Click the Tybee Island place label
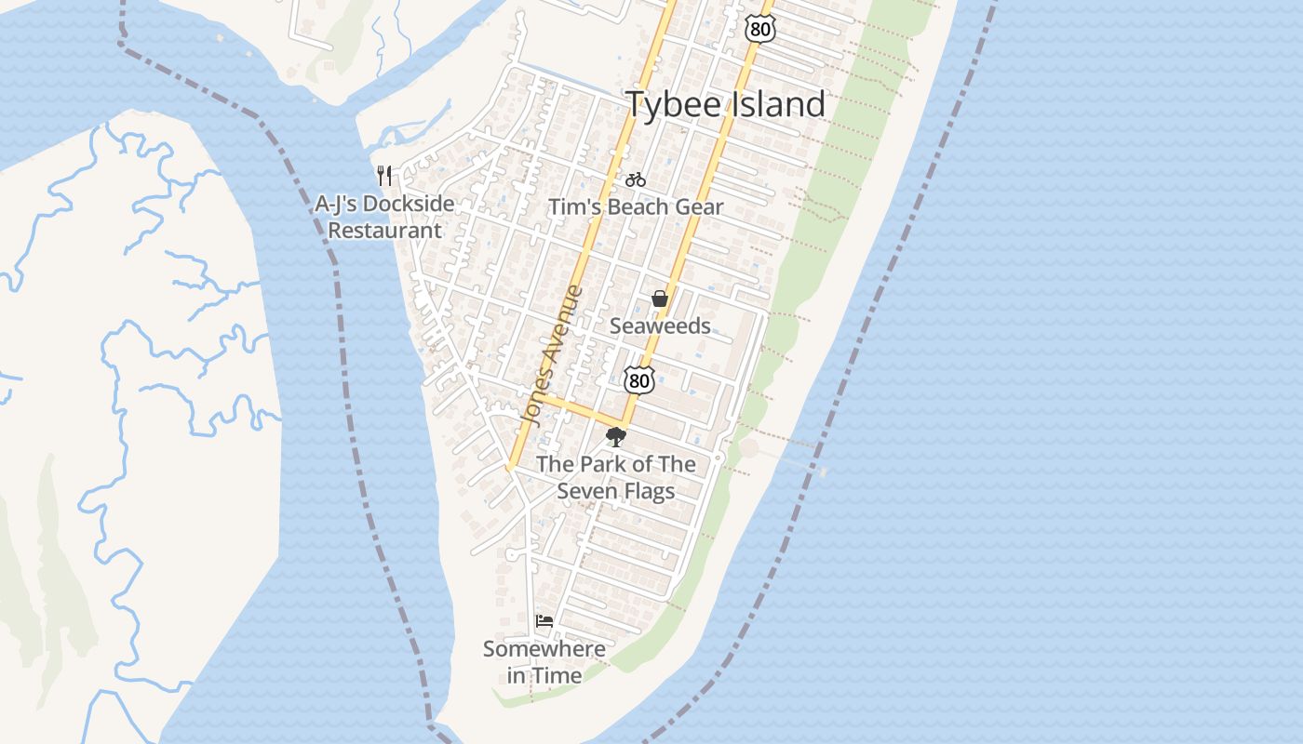click(x=724, y=104)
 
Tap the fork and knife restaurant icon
click(x=384, y=175)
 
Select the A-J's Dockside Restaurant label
click(x=385, y=217)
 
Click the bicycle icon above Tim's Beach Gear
click(x=636, y=179)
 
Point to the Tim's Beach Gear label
click(x=636, y=206)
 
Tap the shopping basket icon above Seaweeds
click(x=660, y=299)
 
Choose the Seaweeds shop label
click(x=660, y=325)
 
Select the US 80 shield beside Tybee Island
click(x=760, y=28)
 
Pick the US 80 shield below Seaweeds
click(x=638, y=379)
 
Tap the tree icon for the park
click(x=615, y=436)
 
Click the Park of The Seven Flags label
click(x=615, y=477)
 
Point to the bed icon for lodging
click(x=544, y=621)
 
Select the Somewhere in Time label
click(x=544, y=662)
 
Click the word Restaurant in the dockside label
click(x=385, y=231)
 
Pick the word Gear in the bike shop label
click(x=699, y=206)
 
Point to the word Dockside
click(x=410, y=204)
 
